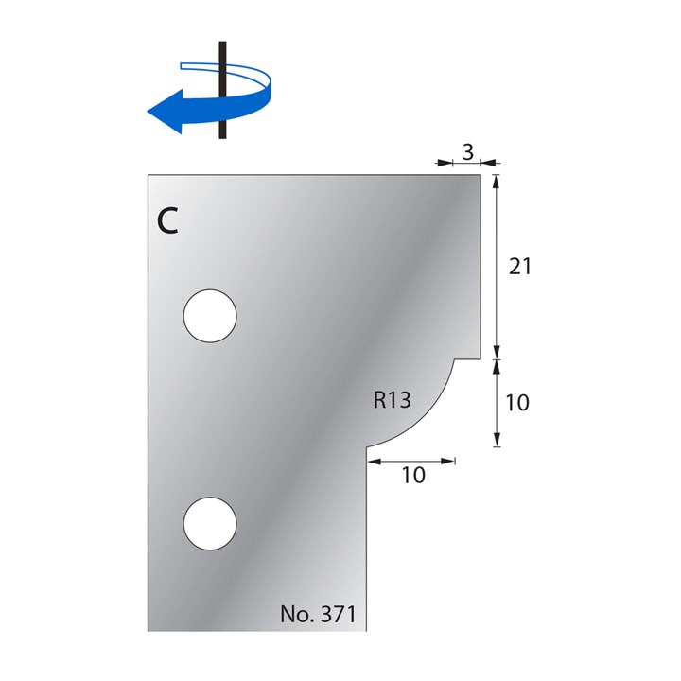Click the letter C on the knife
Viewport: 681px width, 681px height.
166,220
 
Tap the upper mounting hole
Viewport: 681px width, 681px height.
210,314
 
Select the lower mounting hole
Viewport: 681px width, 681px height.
210,523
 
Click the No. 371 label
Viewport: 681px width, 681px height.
317,614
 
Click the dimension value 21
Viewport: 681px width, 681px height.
519,267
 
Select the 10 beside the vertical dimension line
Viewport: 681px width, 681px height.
516,403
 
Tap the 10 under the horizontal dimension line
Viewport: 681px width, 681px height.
413,476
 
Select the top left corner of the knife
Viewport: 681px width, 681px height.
148,174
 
